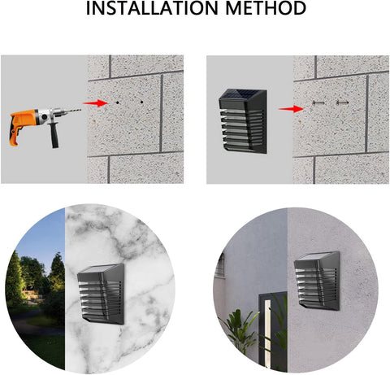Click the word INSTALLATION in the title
pos(152,8)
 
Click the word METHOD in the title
pos(266,8)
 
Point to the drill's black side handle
pos(54,135)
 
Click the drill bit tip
pos(80,110)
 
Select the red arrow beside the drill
pos(95,103)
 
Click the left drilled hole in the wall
pos(118,102)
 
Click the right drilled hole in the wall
pos(141,102)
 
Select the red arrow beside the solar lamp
pos(291,109)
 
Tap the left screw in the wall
pos(318,102)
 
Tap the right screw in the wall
pos(342,102)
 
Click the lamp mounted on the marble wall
pos(101,294)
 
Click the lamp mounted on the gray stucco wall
pos(317,281)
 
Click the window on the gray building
pos(220,264)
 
